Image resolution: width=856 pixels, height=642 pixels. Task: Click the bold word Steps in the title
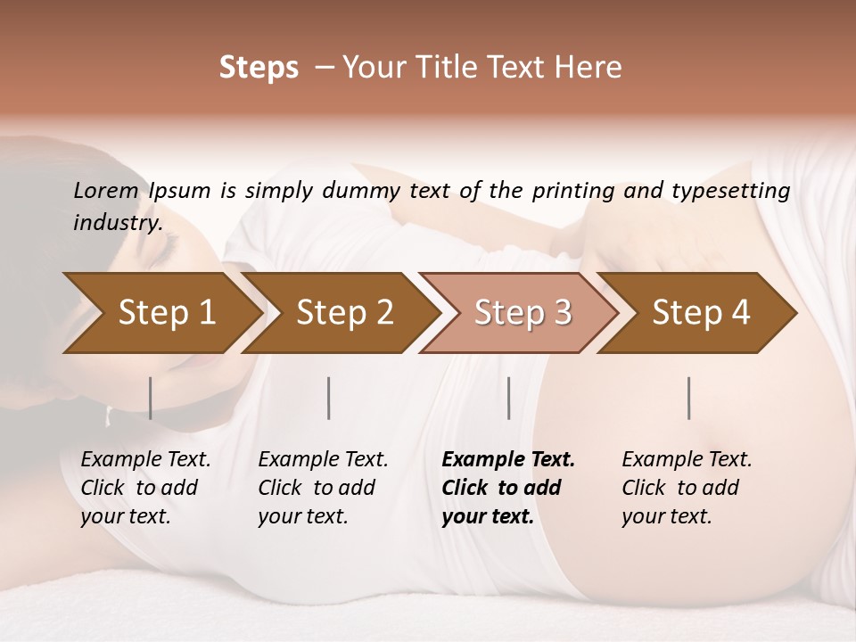259,68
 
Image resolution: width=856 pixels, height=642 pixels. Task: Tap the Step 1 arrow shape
160,313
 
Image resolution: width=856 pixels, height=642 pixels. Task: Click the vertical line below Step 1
150,398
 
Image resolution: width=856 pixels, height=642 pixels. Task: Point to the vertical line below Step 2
329,398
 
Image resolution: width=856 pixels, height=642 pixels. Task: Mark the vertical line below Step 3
508,398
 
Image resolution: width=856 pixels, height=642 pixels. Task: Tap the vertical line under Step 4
688,398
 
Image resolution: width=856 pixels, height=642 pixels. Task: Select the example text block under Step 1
145,487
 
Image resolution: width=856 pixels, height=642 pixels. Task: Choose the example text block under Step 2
323,487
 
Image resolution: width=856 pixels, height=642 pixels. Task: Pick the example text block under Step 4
687,487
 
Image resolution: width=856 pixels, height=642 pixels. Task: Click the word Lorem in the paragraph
105,190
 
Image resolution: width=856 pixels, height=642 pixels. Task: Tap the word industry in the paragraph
117,222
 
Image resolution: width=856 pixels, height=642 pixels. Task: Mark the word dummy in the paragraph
361,191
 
